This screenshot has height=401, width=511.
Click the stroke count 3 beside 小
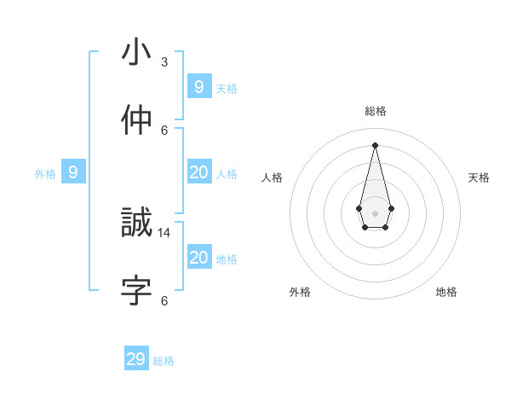click(164, 62)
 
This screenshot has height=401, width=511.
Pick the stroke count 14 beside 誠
click(164, 232)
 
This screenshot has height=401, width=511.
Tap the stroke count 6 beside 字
click(164, 300)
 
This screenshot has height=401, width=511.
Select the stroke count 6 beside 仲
click(164, 130)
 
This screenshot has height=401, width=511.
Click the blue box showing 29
click(136, 359)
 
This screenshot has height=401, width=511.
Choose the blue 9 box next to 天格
click(198, 87)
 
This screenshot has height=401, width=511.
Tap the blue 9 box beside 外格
click(73, 172)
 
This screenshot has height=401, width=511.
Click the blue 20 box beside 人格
click(198, 172)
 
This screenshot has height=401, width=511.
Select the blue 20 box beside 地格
click(198, 258)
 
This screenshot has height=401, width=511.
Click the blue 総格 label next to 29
click(164, 361)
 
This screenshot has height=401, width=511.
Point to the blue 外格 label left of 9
click(45, 174)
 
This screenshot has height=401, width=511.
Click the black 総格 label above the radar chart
click(376, 111)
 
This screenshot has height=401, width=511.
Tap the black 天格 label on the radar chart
click(479, 177)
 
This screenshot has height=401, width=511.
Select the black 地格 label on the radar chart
click(446, 292)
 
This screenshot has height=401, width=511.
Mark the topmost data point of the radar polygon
click(376, 144)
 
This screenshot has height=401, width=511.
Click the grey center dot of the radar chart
click(376, 212)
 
